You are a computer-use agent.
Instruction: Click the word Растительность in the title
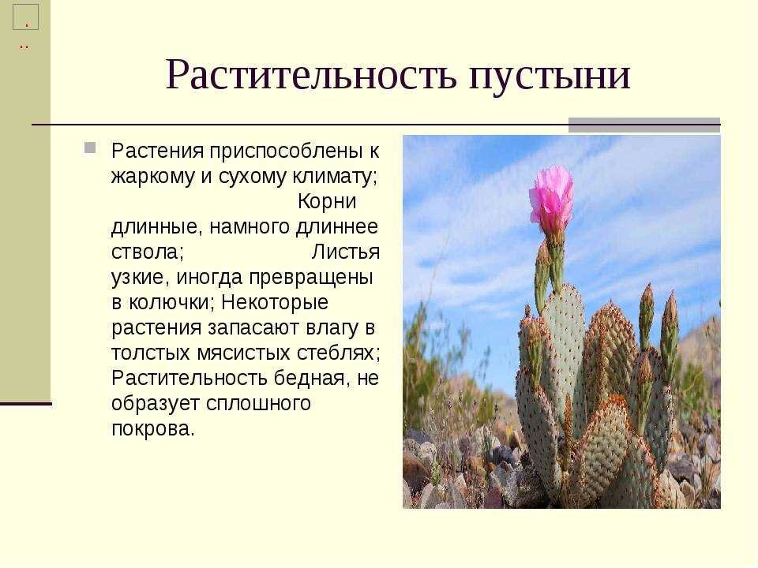click(311, 75)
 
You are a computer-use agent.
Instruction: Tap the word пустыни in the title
click(550, 77)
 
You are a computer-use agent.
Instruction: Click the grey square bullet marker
click(90, 148)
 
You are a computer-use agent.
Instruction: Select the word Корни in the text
click(327, 201)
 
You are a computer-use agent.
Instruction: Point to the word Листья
click(346, 252)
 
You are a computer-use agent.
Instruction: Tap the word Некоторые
click(275, 302)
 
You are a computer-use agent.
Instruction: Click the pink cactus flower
click(551, 197)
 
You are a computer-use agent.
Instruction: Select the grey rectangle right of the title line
click(644, 125)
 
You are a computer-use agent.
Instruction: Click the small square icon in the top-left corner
click(25, 17)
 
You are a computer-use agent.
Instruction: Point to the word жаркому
click(153, 176)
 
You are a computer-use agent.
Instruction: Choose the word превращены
click(310, 277)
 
